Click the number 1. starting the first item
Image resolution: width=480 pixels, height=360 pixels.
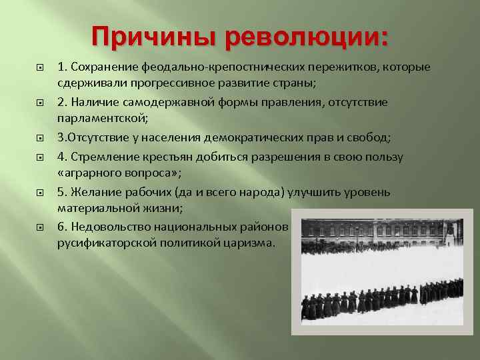61,67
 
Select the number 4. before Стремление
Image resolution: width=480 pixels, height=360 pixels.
61,157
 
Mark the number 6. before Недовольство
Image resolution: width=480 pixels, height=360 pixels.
61,227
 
